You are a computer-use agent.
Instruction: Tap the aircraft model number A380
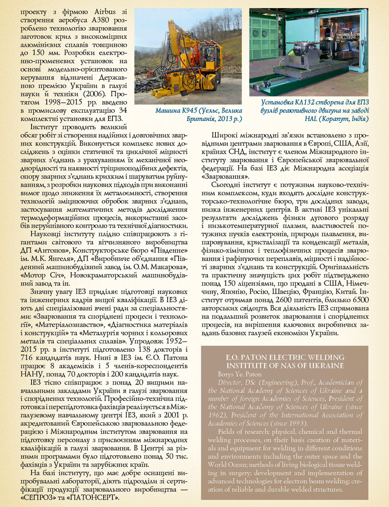pos(102,20)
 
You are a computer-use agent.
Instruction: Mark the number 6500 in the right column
pos(360,300)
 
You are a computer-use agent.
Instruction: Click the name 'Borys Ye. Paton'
pos(240,374)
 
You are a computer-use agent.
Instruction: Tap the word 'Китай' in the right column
pos(348,292)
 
